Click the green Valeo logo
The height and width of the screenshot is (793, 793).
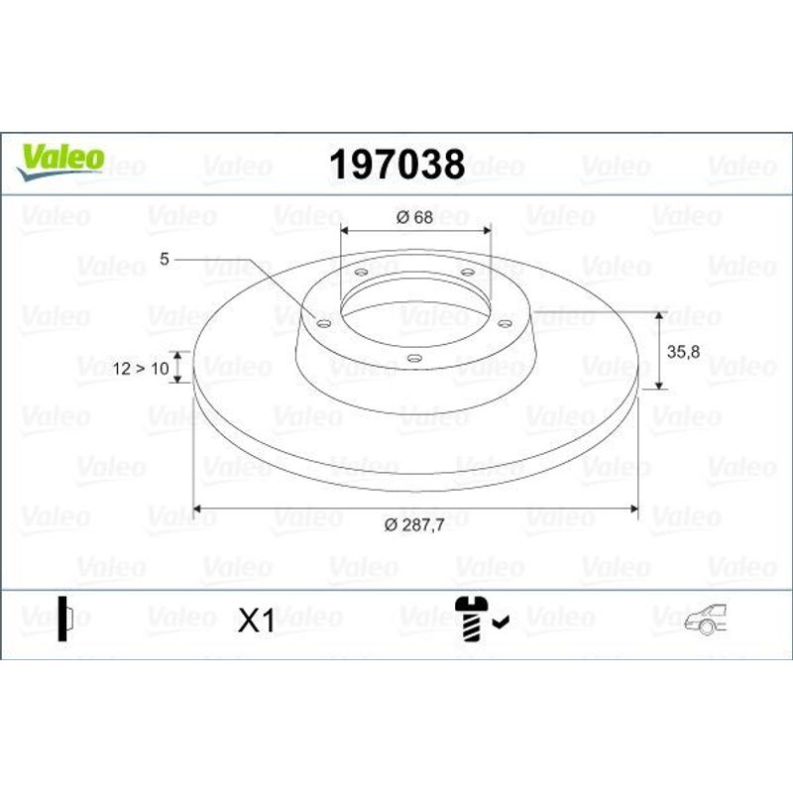(x=60, y=161)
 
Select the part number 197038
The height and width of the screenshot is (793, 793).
(x=397, y=165)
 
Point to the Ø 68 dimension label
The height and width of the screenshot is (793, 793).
(x=414, y=217)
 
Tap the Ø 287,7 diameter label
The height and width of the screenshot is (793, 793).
(x=414, y=525)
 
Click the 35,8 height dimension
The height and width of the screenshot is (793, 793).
(x=683, y=352)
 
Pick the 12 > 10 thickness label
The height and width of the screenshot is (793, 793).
(x=141, y=369)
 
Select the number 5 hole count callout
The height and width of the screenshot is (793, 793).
(x=165, y=259)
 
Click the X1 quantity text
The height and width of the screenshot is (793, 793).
(x=257, y=621)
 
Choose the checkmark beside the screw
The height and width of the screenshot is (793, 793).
(x=502, y=622)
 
